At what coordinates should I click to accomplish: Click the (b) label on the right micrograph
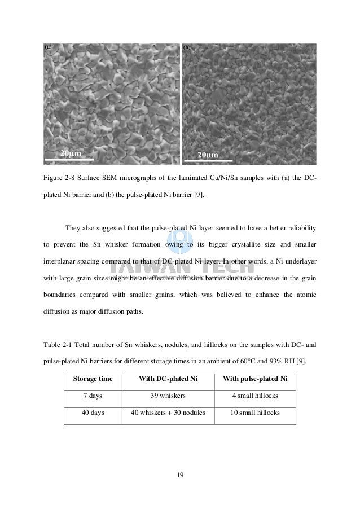187,47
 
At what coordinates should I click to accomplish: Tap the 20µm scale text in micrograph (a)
71,153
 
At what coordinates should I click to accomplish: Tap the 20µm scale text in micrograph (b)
208,155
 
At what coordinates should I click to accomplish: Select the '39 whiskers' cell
170,395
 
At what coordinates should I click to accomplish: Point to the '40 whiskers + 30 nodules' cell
170,413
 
